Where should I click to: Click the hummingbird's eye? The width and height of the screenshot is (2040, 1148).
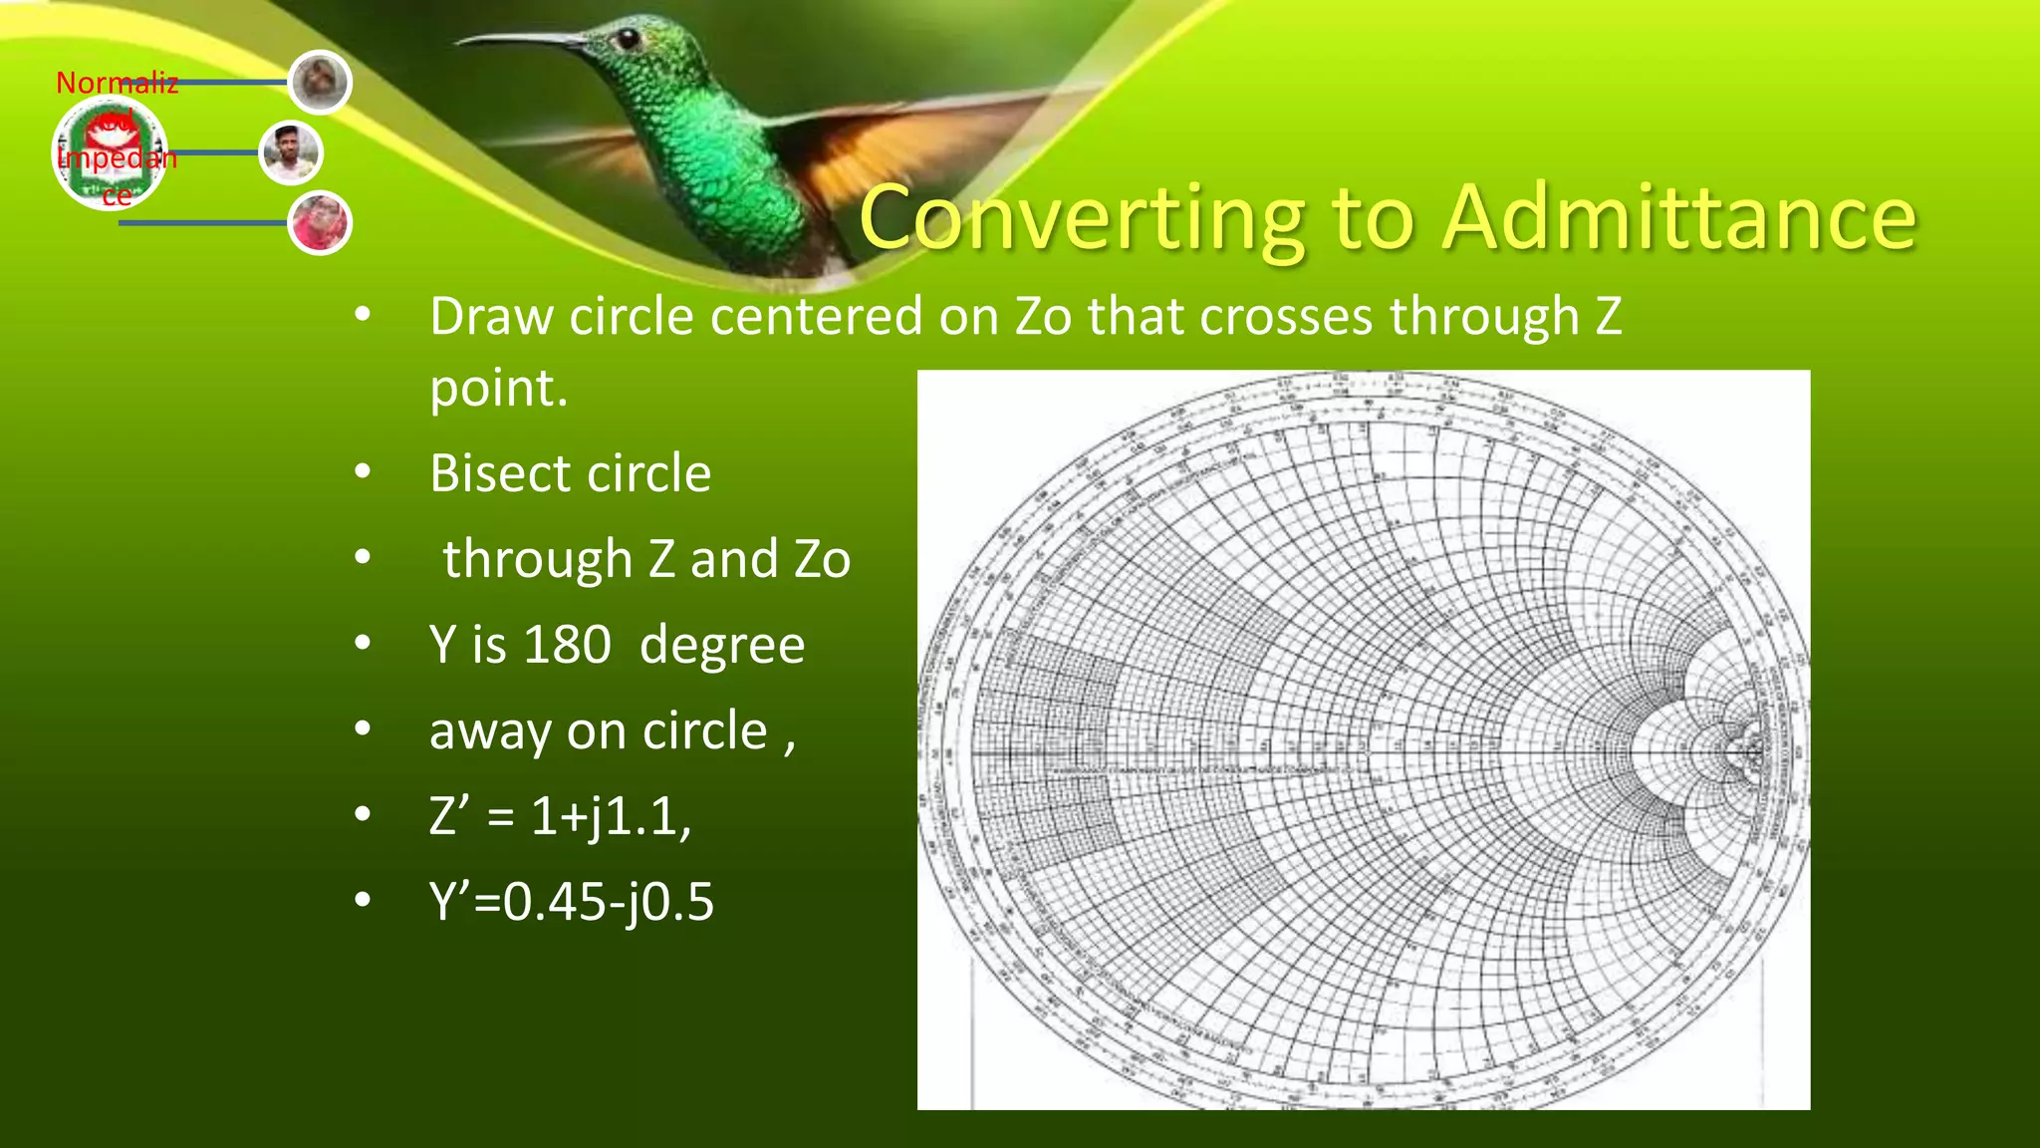point(627,39)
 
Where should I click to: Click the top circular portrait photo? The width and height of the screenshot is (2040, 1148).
point(320,82)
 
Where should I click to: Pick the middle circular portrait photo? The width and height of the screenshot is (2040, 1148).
point(290,153)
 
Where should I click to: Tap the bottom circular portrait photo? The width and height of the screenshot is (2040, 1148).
point(320,222)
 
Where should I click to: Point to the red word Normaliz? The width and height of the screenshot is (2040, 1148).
point(117,84)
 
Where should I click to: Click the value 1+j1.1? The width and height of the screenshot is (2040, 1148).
point(611,816)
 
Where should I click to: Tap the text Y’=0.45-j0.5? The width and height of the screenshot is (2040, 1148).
point(572,902)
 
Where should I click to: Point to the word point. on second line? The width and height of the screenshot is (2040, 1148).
point(498,389)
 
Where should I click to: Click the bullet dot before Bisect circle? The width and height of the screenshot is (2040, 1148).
point(363,472)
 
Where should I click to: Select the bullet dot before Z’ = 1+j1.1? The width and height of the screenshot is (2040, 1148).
point(363,815)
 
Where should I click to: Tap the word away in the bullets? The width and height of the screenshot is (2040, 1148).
point(488,731)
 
